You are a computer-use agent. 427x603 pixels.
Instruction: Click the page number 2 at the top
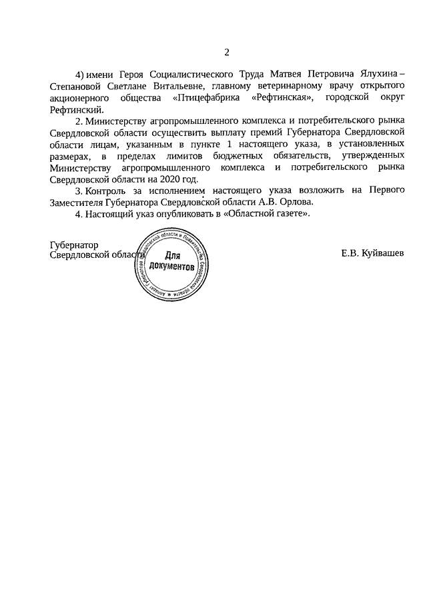(226, 52)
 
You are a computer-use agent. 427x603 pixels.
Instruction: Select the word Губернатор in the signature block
(74, 244)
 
